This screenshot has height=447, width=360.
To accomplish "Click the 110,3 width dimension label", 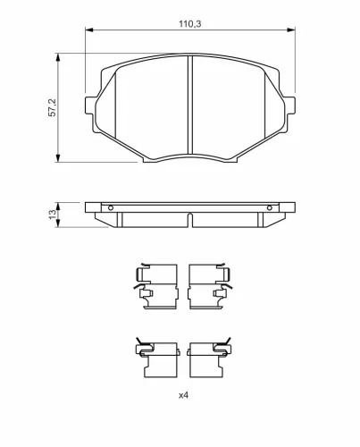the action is tap(189, 24).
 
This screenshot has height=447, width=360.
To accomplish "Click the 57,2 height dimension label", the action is tap(52, 108).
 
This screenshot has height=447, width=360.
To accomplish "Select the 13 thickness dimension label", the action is tap(53, 215).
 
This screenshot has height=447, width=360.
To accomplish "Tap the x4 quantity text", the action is tap(183, 395).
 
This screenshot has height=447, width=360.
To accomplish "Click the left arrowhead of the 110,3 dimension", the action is tap(89, 30).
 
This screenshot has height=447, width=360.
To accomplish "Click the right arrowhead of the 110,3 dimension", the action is tap(291, 30).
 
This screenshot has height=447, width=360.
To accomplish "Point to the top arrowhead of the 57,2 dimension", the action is tap(58, 57).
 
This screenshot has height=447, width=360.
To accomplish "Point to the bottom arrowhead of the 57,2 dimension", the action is tap(58, 158).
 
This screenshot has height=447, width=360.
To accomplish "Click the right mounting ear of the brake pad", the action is tap(290, 105).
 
